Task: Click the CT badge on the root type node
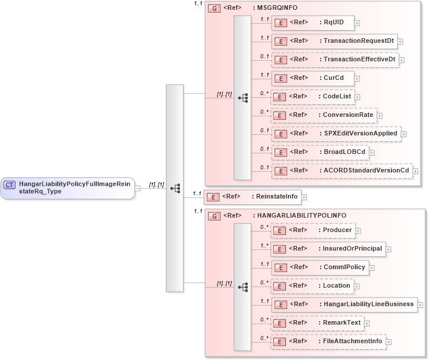(x=9, y=185)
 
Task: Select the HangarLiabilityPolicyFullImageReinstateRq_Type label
(x=76, y=188)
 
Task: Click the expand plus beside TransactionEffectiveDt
(x=402, y=60)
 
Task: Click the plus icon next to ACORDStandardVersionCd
(x=416, y=171)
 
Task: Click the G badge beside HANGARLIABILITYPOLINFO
(x=214, y=216)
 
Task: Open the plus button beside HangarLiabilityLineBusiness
(x=420, y=304)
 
